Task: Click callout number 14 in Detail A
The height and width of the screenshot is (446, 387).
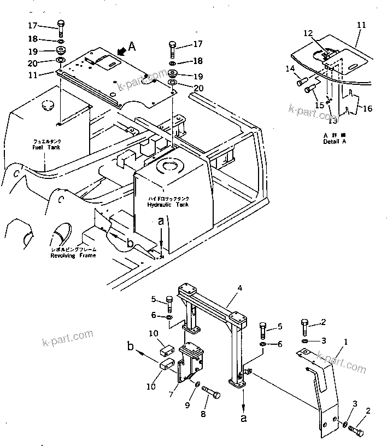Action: (290, 69)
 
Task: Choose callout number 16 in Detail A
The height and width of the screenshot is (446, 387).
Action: (368, 108)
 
